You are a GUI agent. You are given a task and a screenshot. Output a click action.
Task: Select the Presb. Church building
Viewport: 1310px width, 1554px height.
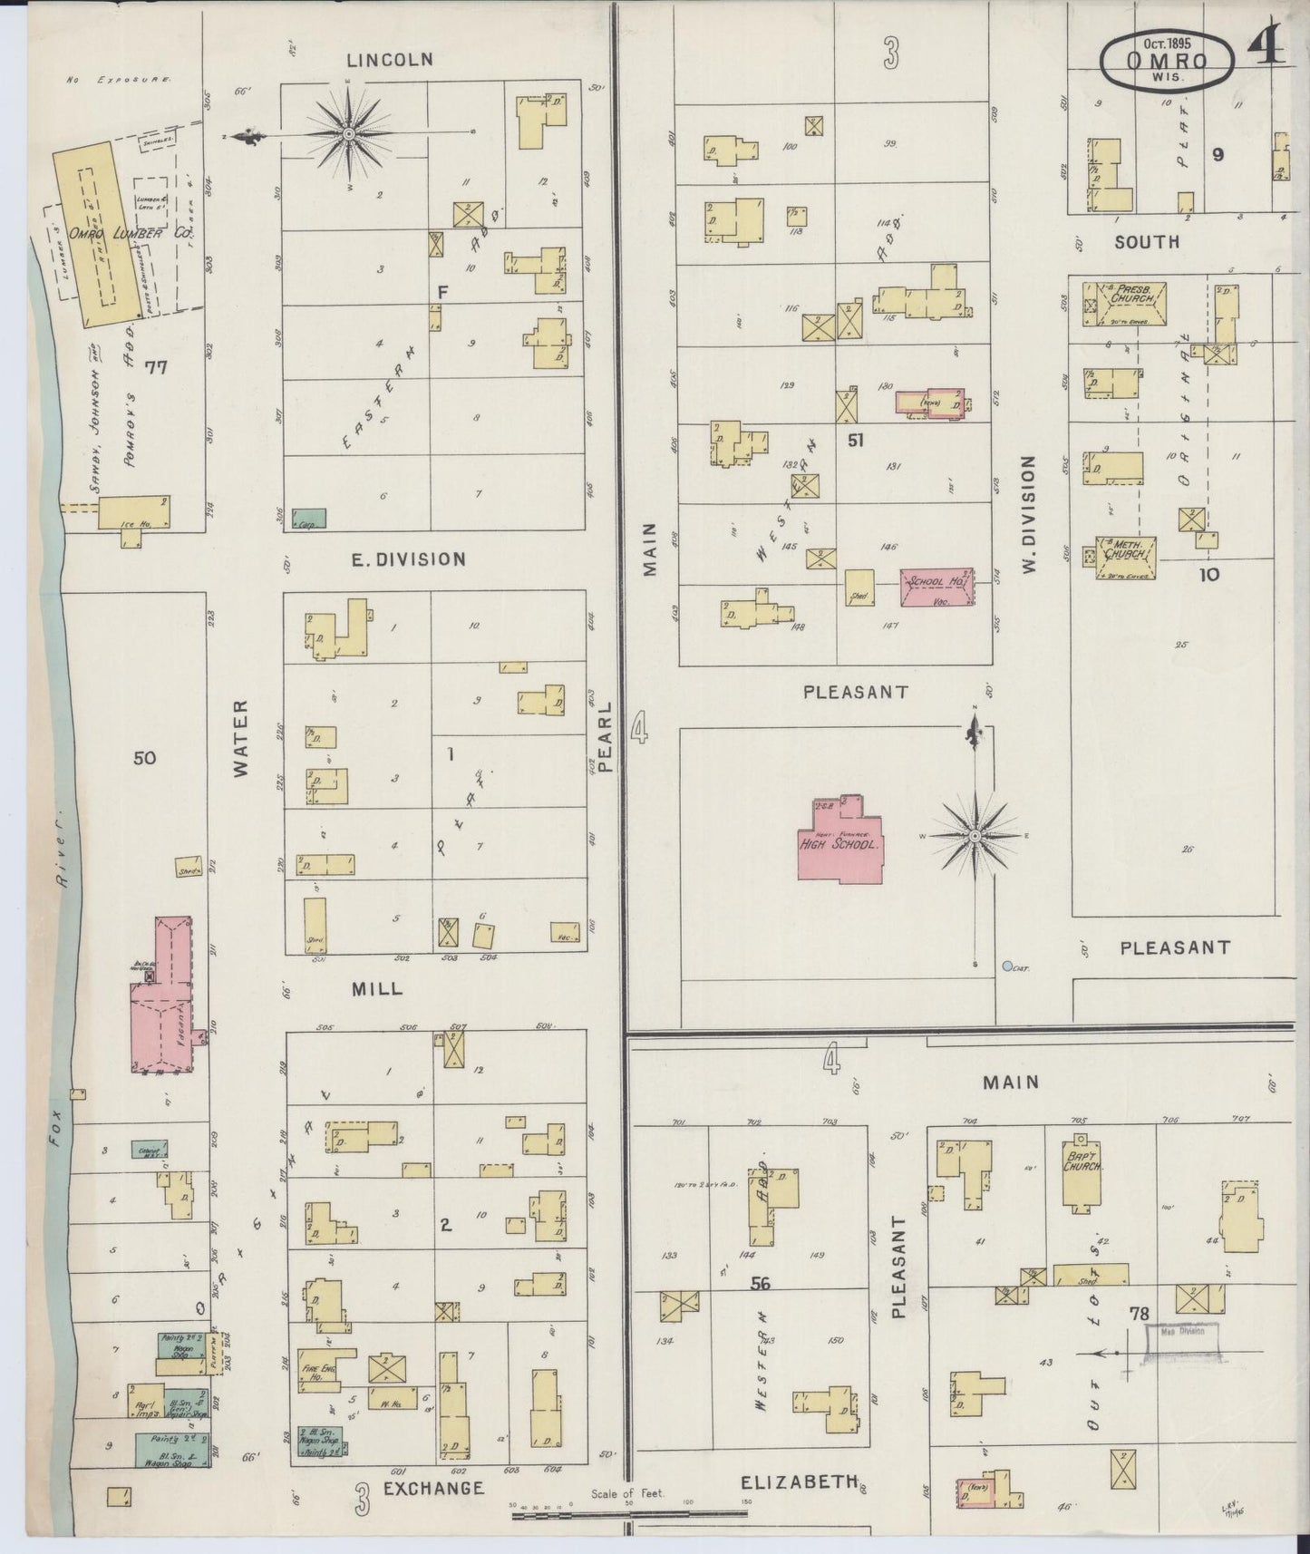pos(1128,303)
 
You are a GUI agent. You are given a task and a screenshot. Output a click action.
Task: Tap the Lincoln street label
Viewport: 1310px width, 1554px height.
pos(390,60)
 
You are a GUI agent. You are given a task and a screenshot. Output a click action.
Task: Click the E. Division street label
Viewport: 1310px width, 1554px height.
pos(408,559)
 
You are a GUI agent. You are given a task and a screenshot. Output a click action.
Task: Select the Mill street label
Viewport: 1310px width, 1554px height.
pos(376,989)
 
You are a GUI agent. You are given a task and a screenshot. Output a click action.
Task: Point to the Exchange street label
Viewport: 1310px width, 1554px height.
pos(432,1489)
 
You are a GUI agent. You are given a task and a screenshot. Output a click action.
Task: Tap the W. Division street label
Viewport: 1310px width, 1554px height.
pos(1027,514)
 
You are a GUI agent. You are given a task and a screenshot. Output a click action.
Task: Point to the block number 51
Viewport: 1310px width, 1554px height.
pos(854,440)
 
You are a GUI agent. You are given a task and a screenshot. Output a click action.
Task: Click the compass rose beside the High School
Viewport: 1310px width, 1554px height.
pos(975,834)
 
